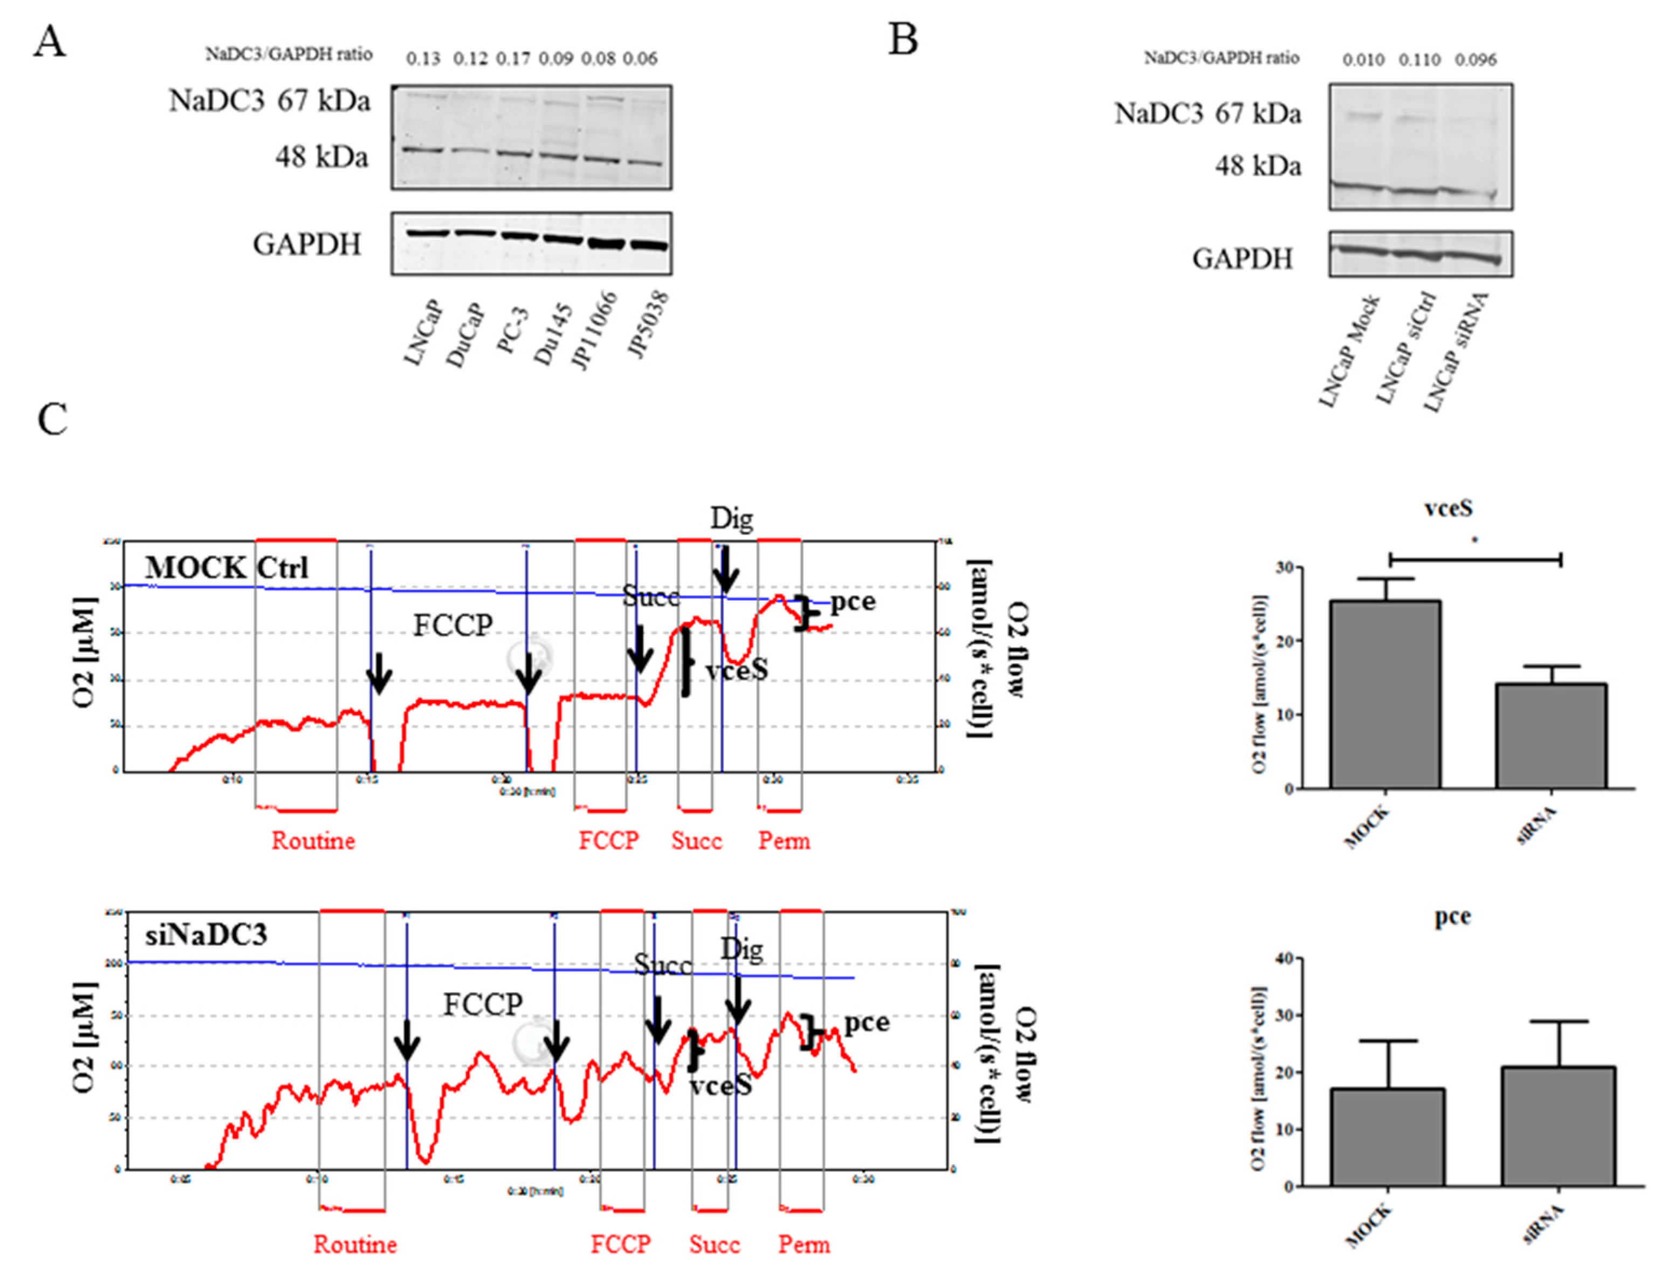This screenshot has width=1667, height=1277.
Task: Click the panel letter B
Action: pos(902,39)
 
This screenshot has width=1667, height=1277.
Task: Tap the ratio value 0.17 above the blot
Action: pos(513,59)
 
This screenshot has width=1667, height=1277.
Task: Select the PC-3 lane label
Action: pos(512,333)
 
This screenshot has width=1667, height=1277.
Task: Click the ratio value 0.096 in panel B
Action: pos(1476,59)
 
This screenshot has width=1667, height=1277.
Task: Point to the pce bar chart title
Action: pos(1453,917)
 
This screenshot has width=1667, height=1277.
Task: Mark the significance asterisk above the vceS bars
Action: pos(1474,541)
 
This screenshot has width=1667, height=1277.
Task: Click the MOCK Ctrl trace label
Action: pos(227,568)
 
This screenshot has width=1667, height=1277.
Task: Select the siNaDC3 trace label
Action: pos(206,934)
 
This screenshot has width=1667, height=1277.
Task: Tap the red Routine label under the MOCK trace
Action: pos(313,841)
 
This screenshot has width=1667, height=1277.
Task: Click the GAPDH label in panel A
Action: pos(306,244)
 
